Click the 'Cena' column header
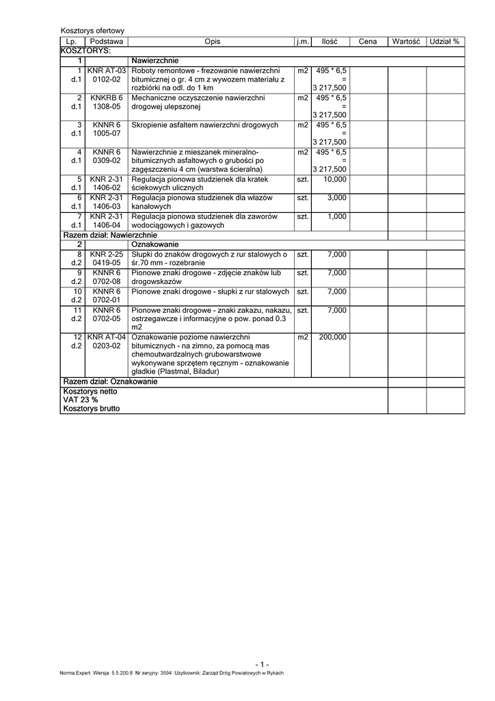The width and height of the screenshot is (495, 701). (368, 42)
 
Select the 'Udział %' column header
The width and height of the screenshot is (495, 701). (444, 42)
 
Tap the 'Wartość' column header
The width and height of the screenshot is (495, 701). (405, 42)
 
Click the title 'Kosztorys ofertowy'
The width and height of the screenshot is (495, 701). (92, 31)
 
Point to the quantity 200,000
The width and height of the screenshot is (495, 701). (332, 337)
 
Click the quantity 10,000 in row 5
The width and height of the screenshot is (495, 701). (335, 179)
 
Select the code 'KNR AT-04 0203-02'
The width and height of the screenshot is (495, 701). (107, 342)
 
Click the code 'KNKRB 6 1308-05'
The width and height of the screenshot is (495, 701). (107, 103)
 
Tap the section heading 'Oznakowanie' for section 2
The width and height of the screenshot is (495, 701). (155, 244)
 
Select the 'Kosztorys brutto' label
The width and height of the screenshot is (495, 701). (91, 408)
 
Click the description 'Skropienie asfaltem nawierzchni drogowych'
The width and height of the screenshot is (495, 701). (205, 125)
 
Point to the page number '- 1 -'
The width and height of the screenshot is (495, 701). (263, 664)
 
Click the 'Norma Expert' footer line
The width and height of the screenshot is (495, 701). (172, 673)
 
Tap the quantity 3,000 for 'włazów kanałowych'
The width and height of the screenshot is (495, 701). (337, 197)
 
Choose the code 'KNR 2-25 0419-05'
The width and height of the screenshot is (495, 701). (107, 258)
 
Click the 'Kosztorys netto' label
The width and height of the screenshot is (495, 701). (90, 392)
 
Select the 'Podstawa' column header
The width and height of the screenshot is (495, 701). (107, 42)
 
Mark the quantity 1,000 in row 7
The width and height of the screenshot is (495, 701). (337, 216)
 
